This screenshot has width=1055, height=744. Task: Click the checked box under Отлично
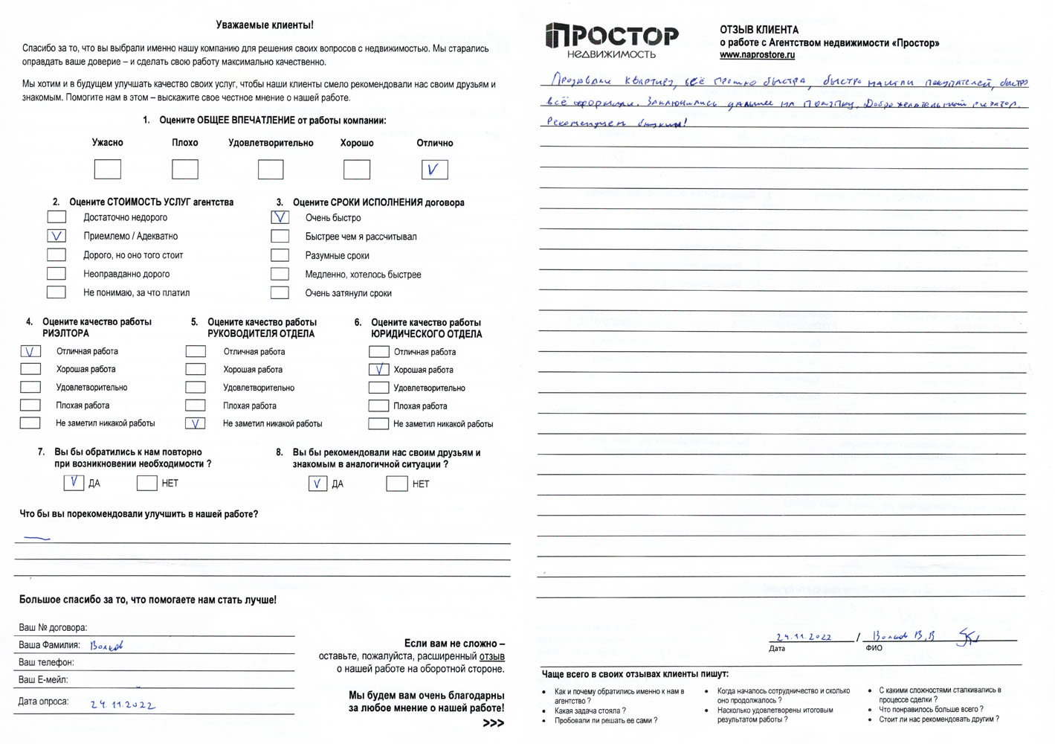(x=434, y=170)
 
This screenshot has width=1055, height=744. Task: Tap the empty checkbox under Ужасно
(x=108, y=170)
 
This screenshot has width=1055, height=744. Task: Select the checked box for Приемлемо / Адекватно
(x=57, y=236)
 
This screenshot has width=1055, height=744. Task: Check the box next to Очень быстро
(x=280, y=217)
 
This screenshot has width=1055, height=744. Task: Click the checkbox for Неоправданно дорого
(x=57, y=274)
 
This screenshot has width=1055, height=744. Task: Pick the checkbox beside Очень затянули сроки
(x=280, y=293)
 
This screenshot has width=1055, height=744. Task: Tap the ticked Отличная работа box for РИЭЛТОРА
(x=30, y=351)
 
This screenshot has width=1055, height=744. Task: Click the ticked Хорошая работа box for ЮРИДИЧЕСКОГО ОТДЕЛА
(x=378, y=369)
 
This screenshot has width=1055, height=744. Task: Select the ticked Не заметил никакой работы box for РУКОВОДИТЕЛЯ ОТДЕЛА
(x=195, y=423)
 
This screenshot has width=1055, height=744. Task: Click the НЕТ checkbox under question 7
(x=146, y=483)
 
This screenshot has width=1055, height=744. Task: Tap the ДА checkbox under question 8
(x=317, y=484)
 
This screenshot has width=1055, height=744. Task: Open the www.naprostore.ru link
(x=757, y=55)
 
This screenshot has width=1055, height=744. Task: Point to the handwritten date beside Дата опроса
(x=123, y=704)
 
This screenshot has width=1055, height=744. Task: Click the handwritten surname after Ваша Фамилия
(x=106, y=646)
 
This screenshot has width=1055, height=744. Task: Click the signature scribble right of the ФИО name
(x=968, y=638)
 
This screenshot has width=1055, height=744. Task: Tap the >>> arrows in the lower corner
(x=493, y=723)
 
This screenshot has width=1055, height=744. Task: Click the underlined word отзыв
(x=491, y=656)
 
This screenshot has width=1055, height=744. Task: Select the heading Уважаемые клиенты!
(x=264, y=25)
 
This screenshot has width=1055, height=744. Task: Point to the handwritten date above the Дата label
(x=804, y=637)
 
